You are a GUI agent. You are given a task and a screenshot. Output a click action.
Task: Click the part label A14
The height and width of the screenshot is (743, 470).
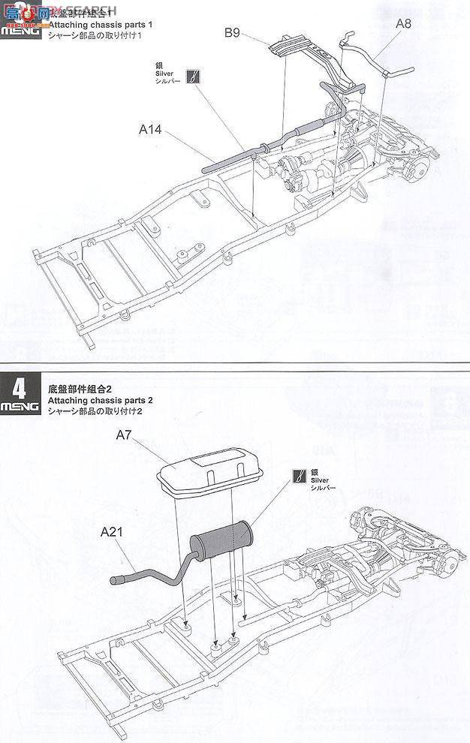(x=150, y=129)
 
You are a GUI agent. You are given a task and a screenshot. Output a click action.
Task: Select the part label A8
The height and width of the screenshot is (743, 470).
(x=403, y=24)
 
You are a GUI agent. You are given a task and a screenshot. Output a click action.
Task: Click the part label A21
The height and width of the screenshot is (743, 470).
(x=111, y=531)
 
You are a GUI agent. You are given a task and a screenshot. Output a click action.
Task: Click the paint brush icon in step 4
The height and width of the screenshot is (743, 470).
(x=300, y=474)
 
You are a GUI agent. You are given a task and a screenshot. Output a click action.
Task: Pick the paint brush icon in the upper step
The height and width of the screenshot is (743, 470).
(x=193, y=77)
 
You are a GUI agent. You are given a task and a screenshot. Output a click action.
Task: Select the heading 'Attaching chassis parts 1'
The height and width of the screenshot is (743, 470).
(x=100, y=25)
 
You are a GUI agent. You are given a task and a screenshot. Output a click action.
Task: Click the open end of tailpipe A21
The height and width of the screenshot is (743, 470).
(x=116, y=579)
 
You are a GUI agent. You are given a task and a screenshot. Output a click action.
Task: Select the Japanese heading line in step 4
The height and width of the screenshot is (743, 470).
(x=94, y=412)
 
